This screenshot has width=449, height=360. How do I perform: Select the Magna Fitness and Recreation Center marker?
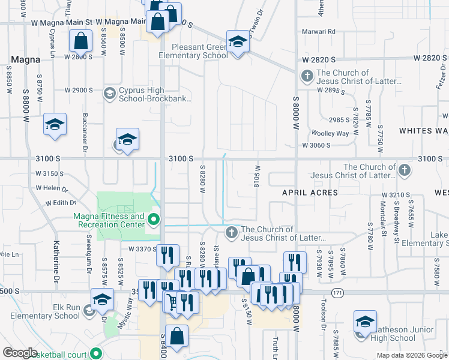click(154, 220)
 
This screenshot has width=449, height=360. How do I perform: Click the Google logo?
click(20, 353)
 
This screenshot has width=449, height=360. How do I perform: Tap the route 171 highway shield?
click(340, 292)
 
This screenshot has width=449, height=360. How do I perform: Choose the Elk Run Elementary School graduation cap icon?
click(102, 299)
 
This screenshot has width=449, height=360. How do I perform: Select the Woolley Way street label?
click(330, 133)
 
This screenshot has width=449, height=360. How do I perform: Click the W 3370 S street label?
click(141, 248)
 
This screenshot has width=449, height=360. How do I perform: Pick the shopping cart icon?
click(172, 301)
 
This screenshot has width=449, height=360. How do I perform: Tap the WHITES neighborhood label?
click(424, 130)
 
